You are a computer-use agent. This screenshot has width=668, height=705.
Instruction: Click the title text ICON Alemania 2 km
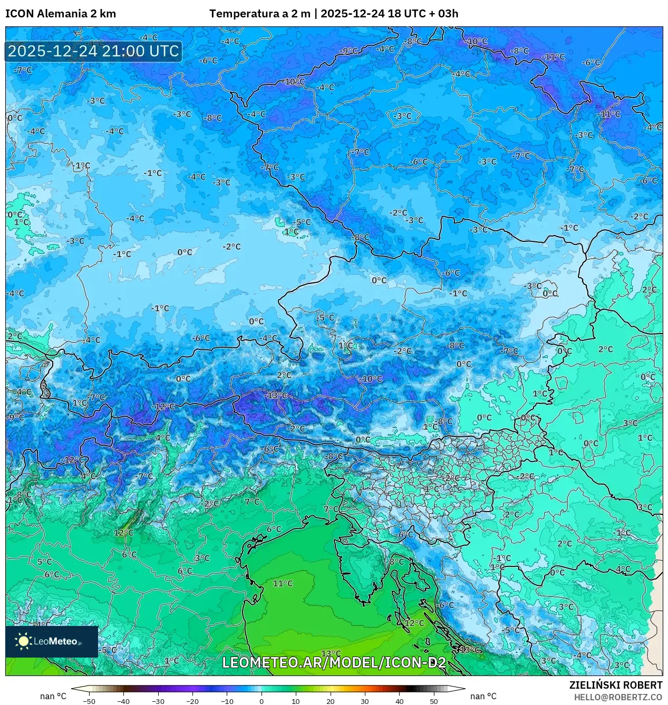pos(61,14)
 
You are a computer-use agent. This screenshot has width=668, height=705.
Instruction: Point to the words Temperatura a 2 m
pos(259,14)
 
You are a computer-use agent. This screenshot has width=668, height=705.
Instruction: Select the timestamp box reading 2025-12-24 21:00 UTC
pos(93,52)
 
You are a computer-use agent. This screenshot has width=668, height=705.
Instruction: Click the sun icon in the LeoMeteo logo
pos(23,641)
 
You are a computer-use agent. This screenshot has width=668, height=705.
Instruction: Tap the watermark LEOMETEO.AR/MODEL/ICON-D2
pos(334,662)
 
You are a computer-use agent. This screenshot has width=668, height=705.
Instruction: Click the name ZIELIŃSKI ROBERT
pos(615,685)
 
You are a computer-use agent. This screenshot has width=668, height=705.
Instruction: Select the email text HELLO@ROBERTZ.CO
pos(618,697)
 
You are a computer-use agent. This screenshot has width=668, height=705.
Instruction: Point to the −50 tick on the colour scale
pos(89,701)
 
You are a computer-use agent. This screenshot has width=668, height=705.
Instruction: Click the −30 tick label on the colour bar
pos(158,701)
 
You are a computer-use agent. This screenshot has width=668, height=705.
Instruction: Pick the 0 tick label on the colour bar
pos(262,701)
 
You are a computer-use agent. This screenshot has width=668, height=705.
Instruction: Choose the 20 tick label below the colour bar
pos(330,701)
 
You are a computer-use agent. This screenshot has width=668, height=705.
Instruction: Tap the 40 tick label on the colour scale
pos(399,701)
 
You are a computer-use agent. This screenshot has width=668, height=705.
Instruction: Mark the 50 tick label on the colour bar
pos(433,701)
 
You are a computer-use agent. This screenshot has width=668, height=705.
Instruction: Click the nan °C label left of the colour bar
pos(53,696)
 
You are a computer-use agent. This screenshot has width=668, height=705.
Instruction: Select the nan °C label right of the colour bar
pos(483,696)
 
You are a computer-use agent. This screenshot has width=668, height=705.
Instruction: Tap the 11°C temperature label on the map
pos(283,583)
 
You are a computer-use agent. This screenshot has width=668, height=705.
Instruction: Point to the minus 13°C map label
pos(276,395)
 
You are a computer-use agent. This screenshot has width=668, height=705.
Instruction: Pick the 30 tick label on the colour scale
pos(365,701)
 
